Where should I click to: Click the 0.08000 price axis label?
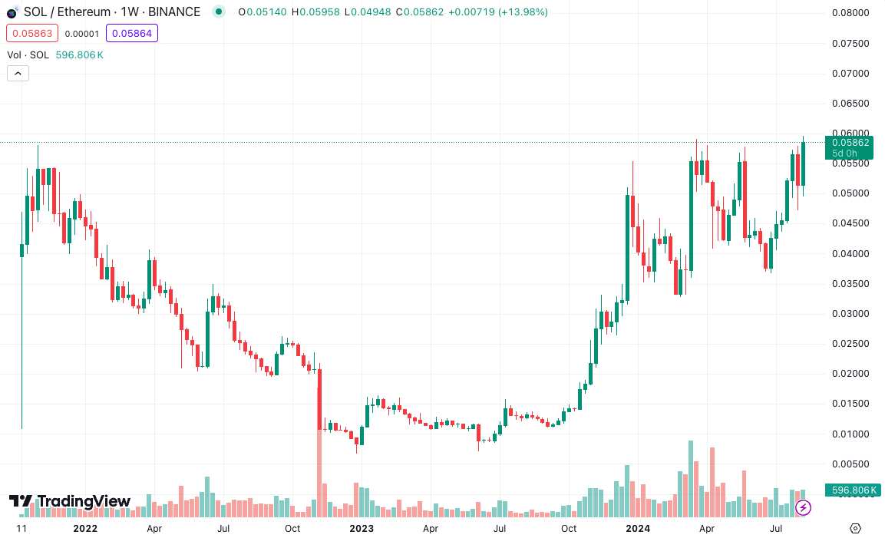click(x=850, y=13)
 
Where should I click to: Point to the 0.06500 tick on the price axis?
click(x=850, y=104)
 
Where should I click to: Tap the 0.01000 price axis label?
click(x=850, y=434)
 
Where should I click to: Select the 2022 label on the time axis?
click(x=84, y=529)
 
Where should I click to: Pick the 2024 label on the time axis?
click(x=637, y=529)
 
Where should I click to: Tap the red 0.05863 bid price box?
click(x=32, y=33)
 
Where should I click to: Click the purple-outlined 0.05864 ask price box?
click(x=132, y=33)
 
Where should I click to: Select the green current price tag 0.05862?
click(x=850, y=143)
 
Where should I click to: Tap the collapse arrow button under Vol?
click(x=18, y=74)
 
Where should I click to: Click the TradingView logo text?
click(x=84, y=501)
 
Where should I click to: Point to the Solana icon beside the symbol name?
click(x=12, y=12)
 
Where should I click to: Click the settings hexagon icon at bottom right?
click(x=856, y=528)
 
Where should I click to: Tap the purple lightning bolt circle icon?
click(x=804, y=507)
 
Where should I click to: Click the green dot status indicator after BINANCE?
click(x=219, y=12)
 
